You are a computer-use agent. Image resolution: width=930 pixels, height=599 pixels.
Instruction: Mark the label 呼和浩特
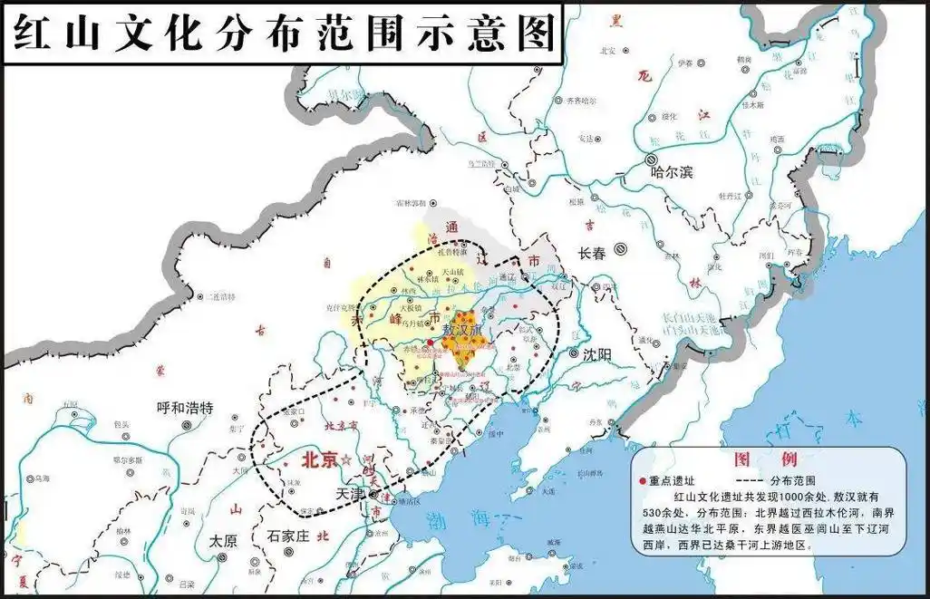[184, 408]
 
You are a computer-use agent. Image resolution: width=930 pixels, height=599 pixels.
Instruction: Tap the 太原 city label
[223, 540]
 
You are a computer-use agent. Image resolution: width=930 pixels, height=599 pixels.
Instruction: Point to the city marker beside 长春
[621, 247]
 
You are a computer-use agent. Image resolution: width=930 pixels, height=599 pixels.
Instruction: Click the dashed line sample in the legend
[751, 479]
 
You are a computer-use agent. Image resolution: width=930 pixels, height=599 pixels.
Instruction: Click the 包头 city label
[121, 424]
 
